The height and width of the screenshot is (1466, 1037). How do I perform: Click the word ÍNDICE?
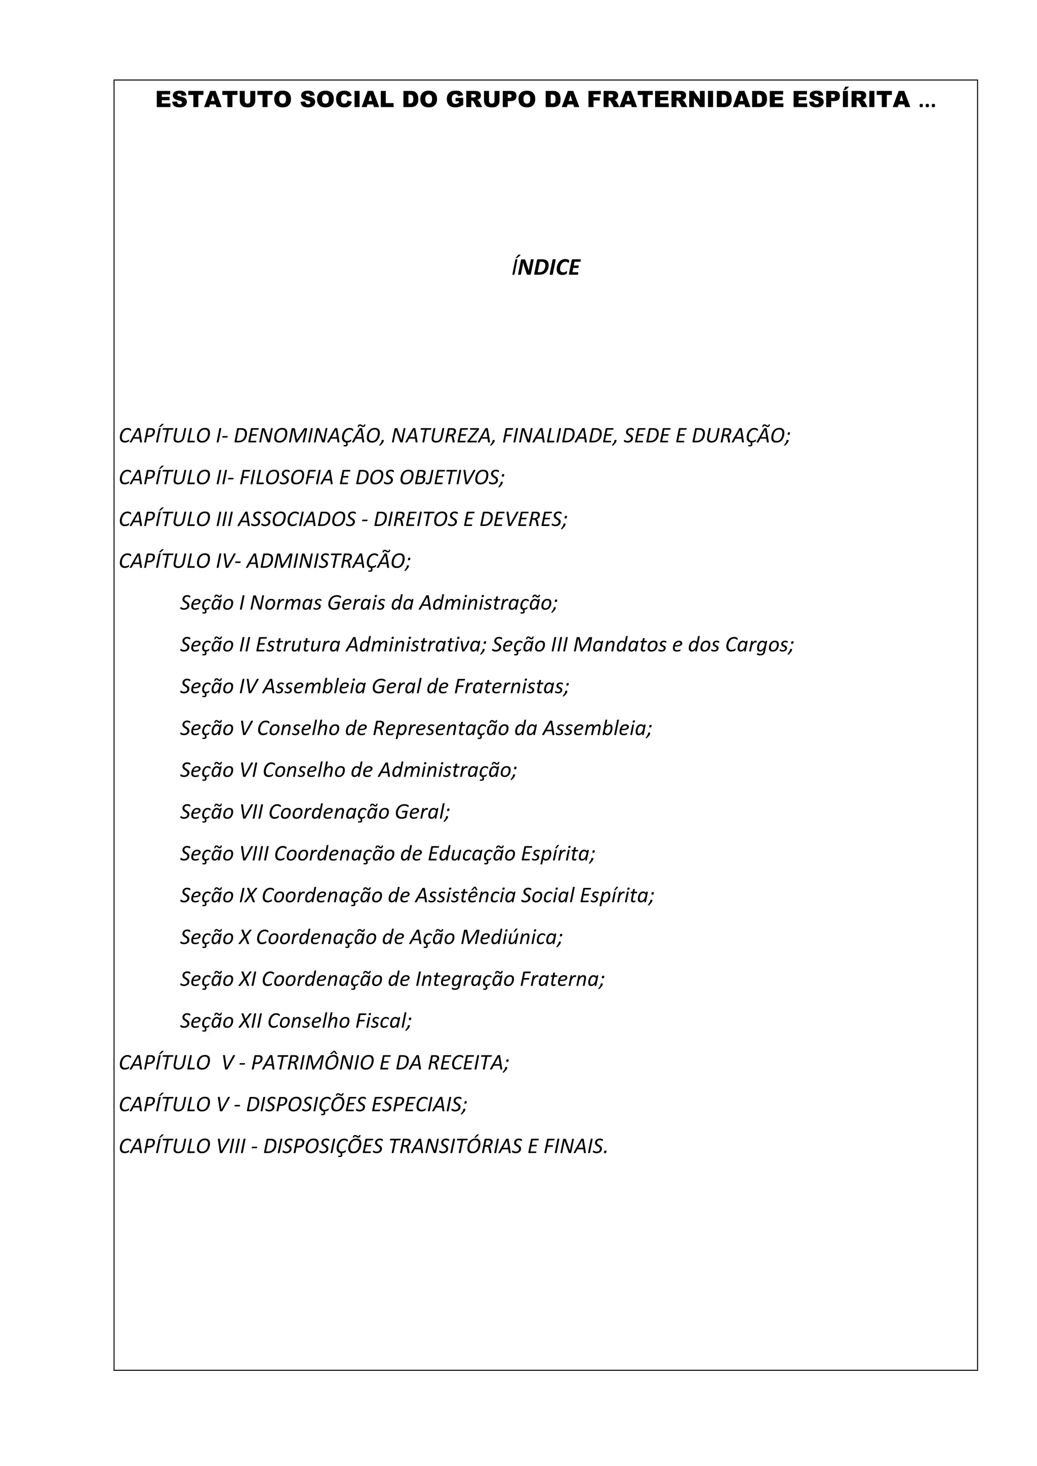click(x=545, y=267)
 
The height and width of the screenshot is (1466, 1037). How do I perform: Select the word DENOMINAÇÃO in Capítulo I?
click(x=308, y=436)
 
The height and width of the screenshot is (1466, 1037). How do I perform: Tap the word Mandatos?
click(x=619, y=645)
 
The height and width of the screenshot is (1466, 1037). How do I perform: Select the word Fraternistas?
click(x=511, y=686)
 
